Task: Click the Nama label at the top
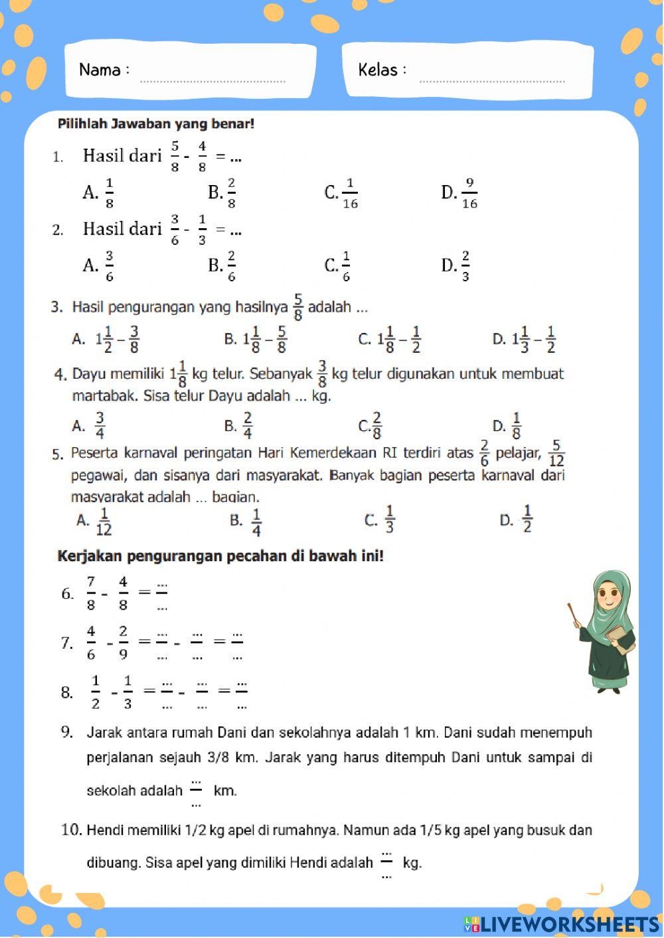pyautogui.click(x=100, y=70)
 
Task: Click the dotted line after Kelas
pyautogui.click(x=493, y=81)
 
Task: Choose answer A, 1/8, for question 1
pyautogui.click(x=99, y=193)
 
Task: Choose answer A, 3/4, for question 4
pyautogui.click(x=89, y=426)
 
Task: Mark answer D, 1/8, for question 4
pyautogui.click(x=507, y=426)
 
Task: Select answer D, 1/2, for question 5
pyautogui.click(x=517, y=519)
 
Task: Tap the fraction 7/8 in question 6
pyautogui.click(x=91, y=593)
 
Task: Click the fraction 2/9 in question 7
pyautogui.click(x=124, y=642)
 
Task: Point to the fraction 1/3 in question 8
pyautogui.click(x=127, y=692)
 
